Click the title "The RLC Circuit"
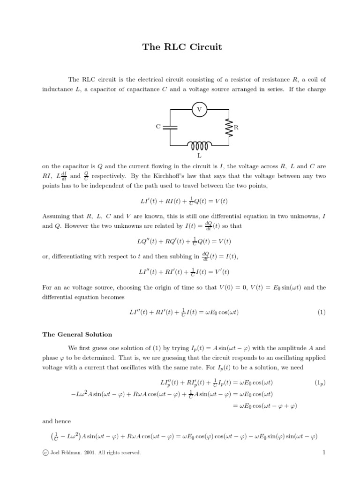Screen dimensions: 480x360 pyautogui.click(x=182, y=47)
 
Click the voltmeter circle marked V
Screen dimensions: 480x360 pyautogui.click(x=199, y=110)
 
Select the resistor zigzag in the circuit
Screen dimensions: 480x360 pyautogui.click(x=229, y=127)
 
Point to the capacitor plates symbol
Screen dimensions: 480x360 pyautogui.click(x=170, y=127)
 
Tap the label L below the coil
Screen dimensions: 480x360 pyautogui.click(x=199, y=155)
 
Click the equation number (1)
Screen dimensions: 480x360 pyautogui.click(x=321, y=313)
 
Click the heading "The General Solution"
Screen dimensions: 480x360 pyautogui.click(x=77, y=335)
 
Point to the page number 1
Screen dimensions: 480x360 pyautogui.click(x=323, y=452)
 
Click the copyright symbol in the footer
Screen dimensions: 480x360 pyautogui.click(x=45, y=453)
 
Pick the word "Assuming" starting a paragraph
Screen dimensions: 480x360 pyautogui.click(x=57, y=216)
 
